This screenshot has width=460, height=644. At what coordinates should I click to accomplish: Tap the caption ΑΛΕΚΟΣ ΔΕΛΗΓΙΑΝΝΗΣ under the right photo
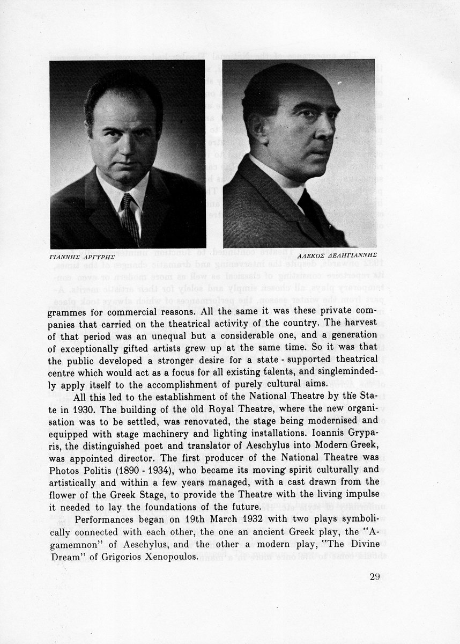342,255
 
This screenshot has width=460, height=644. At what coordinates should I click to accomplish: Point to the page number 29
375,577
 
